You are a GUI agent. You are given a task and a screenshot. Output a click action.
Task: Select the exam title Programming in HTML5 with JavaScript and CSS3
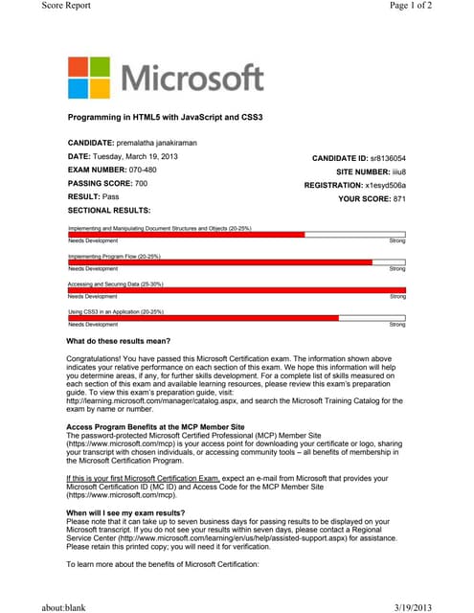(165, 117)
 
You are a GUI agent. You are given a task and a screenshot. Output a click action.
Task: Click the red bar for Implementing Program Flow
(219, 262)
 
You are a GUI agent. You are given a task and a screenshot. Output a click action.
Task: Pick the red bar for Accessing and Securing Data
(237, 290)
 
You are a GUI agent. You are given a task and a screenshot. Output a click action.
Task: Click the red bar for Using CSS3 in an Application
(202, 318)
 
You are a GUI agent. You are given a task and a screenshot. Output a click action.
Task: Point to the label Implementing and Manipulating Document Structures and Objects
(159, 228)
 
